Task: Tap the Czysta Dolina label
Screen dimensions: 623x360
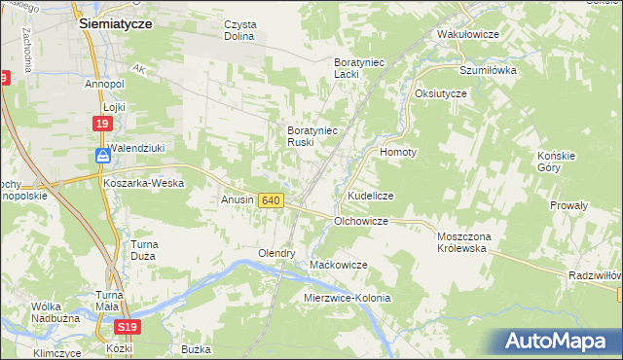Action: tap(238, 30)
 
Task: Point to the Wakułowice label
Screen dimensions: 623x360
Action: tap(468, 34)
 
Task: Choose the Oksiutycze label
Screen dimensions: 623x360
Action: tap(441, 92)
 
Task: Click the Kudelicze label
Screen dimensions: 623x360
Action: tap(370, 196)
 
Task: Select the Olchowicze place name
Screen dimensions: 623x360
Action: tap(361, 221)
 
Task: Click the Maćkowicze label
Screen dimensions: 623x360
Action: tap(338, 265)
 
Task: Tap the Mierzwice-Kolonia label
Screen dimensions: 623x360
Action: tap(347, 298)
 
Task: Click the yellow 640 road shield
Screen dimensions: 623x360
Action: tap(272, 200)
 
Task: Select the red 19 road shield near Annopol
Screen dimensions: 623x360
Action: tap(103, 124)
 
